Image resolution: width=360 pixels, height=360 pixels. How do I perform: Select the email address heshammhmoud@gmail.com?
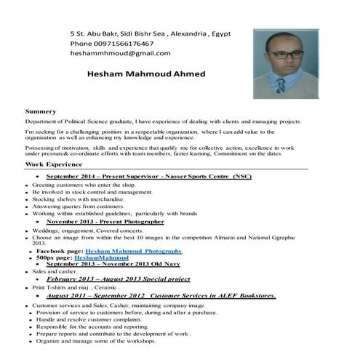point(120,53)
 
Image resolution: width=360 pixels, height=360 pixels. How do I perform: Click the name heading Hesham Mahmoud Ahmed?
point(145,74)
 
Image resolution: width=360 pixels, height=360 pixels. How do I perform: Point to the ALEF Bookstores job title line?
point(160,296)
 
